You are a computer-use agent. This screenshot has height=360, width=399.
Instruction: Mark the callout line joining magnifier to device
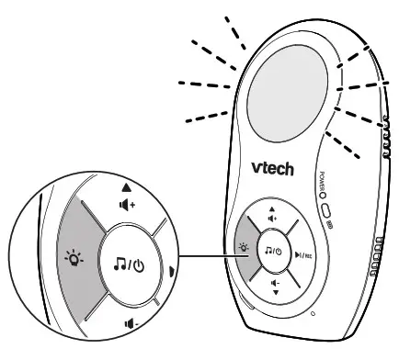tap(205, 256)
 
